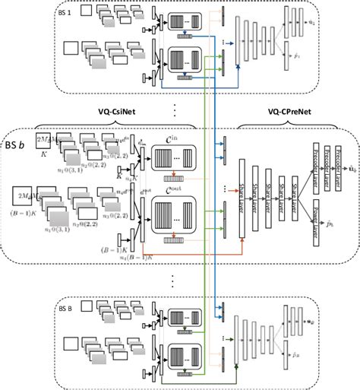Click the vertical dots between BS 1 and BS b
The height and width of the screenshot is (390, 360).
point(175,110)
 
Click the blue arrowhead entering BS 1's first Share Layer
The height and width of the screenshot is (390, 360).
point(238,67)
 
